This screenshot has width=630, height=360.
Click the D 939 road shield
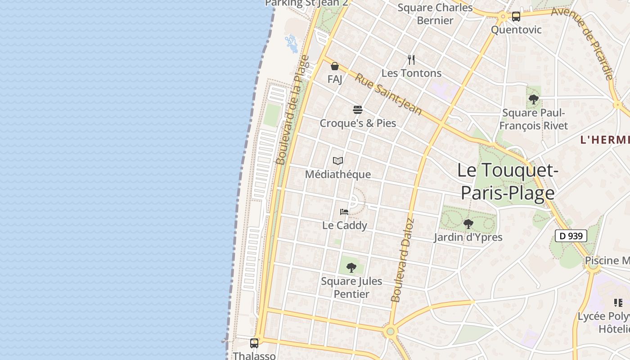pos(571,236)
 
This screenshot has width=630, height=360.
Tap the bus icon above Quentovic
pos(516,17)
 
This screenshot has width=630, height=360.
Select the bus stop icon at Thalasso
pos(254,343)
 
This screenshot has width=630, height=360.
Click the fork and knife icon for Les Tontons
pos(411,60)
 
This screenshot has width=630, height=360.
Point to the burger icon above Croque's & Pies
pos(358,110)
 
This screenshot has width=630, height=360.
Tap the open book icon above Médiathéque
pos(338,161)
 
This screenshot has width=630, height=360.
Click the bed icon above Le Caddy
pos(344,212)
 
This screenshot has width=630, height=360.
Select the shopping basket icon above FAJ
pos(335,67)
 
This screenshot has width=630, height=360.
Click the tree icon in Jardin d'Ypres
pos(468,224)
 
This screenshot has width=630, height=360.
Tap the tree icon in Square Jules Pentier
pos(351,268)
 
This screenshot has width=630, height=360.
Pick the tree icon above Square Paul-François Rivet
pos(534,99)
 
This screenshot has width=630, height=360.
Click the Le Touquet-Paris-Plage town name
pos(508,181)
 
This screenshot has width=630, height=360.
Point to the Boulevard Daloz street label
pos(402,260)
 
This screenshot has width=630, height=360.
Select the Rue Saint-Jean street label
pos(388,94)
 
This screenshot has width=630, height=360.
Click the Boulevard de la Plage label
pos(292,110)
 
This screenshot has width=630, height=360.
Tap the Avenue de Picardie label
pos(582,43)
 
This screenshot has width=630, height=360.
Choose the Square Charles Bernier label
pos(435,14)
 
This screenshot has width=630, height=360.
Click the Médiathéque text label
pos(338,174)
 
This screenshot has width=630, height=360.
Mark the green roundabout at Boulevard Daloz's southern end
pos(390,332)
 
